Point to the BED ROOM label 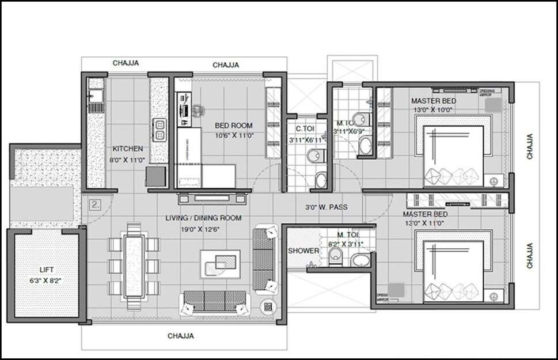234,126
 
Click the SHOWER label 303,251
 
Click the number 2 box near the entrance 96,204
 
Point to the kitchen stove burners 158,130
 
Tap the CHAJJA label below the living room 180,336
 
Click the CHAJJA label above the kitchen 126,63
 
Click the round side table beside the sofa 268,306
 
